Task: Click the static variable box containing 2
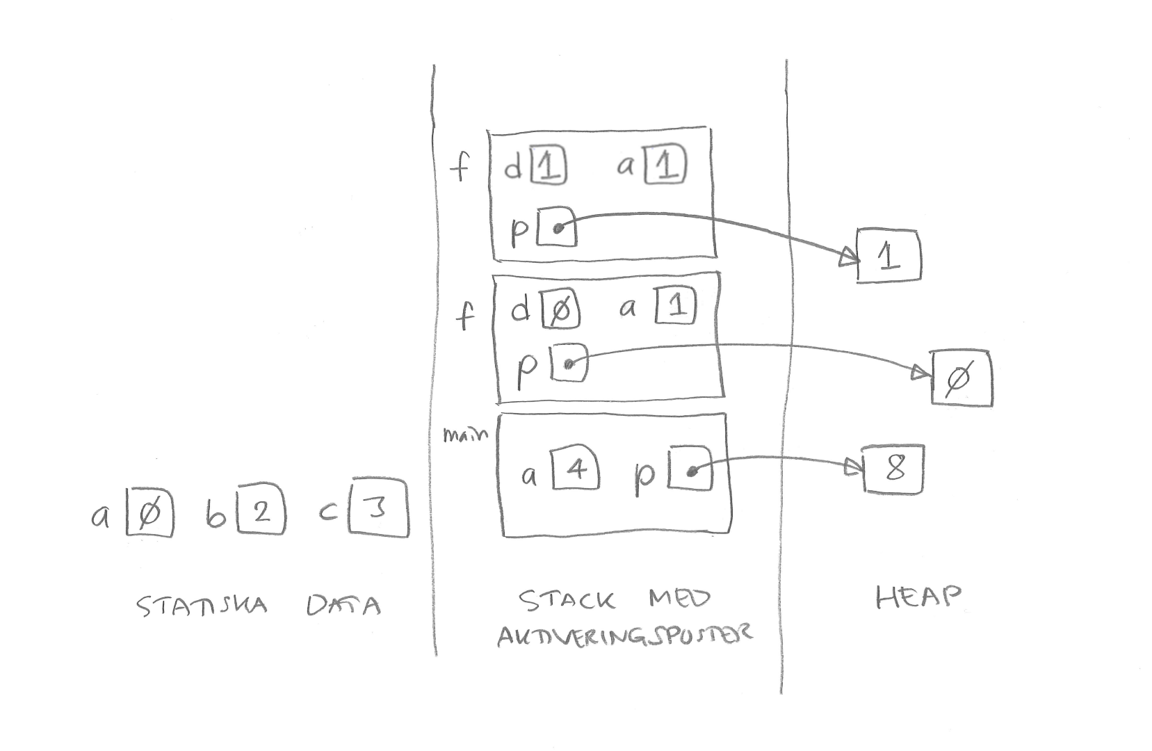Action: click(261, 513)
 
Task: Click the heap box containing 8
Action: click(893, 468)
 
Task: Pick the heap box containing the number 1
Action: click(889, 256)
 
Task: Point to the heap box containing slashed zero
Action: click(962, 378)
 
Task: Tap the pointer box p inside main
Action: click(690, 471)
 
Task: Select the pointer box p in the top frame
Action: click(557, 227)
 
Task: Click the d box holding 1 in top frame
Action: click(549, 167)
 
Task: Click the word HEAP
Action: click(918, 597)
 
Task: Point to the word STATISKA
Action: click(202, 606)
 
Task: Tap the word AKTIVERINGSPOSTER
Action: click(624, 634)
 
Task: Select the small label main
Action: click(464, 435)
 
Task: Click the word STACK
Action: click(567, 600)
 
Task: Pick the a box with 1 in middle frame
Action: click(675, 307)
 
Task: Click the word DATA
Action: click(343, 606)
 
